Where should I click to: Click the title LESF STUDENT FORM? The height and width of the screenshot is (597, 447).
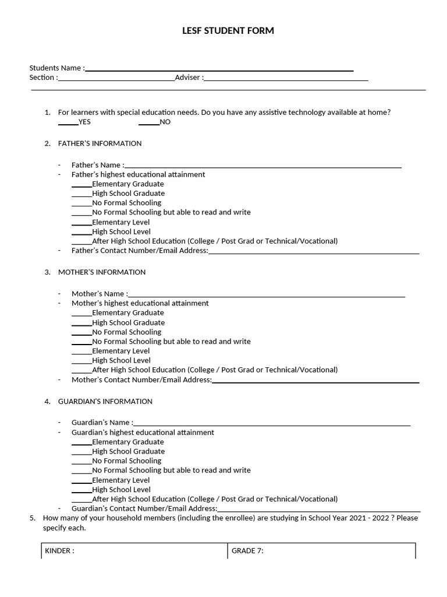pos(228,31)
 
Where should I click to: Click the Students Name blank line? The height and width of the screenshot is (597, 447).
pos(219,69)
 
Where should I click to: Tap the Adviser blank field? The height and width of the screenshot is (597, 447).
pos(286,78)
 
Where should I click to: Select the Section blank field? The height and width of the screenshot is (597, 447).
pos(116,78)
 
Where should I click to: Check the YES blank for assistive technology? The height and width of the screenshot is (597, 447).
pos(68,122)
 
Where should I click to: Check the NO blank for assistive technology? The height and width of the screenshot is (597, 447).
pos(149,122)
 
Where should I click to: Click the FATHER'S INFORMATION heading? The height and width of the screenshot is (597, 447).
pos(100,143)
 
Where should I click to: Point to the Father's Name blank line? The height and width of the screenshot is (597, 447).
pos(263,166)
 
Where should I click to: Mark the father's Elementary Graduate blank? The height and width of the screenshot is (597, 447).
pos(81,184)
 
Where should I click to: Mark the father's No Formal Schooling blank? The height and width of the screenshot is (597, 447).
pos(81,203)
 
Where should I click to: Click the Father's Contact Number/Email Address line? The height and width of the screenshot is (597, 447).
pos(314,251)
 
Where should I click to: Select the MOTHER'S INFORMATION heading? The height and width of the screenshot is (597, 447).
pos(102,272)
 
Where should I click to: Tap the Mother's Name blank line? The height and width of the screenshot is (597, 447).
pos(267,294)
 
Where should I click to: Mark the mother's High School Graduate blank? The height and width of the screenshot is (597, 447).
pos(81,323)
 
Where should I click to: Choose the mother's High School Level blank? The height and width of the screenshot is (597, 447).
pos(81,361)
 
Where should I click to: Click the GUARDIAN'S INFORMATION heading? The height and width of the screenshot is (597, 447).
pos(105,402)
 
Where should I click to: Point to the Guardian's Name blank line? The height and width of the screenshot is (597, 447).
pos(271,423)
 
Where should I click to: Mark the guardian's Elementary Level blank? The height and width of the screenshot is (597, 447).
pos(81,480)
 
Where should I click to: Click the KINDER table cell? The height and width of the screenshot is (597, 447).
pos(134,551)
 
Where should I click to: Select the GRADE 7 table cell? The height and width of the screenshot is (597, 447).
pos(321,551)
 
